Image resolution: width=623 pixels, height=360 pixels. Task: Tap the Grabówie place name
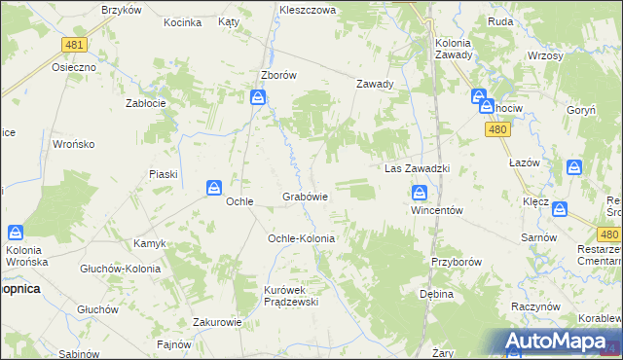click(305, 197)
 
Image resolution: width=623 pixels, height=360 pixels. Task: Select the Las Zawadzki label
click(416, 168)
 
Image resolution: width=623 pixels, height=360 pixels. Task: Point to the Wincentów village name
click(434, 210)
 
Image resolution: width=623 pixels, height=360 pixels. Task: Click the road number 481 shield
click(73, 45)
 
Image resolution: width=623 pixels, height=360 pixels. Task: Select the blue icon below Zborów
click(258, 96)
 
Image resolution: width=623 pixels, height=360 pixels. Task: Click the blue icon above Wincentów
click(420, 193)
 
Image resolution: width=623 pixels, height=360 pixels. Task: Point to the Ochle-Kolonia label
click(301, 238)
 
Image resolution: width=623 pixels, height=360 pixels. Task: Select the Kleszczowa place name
click(307, 9)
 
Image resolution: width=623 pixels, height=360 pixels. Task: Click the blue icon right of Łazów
click(574, 167)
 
